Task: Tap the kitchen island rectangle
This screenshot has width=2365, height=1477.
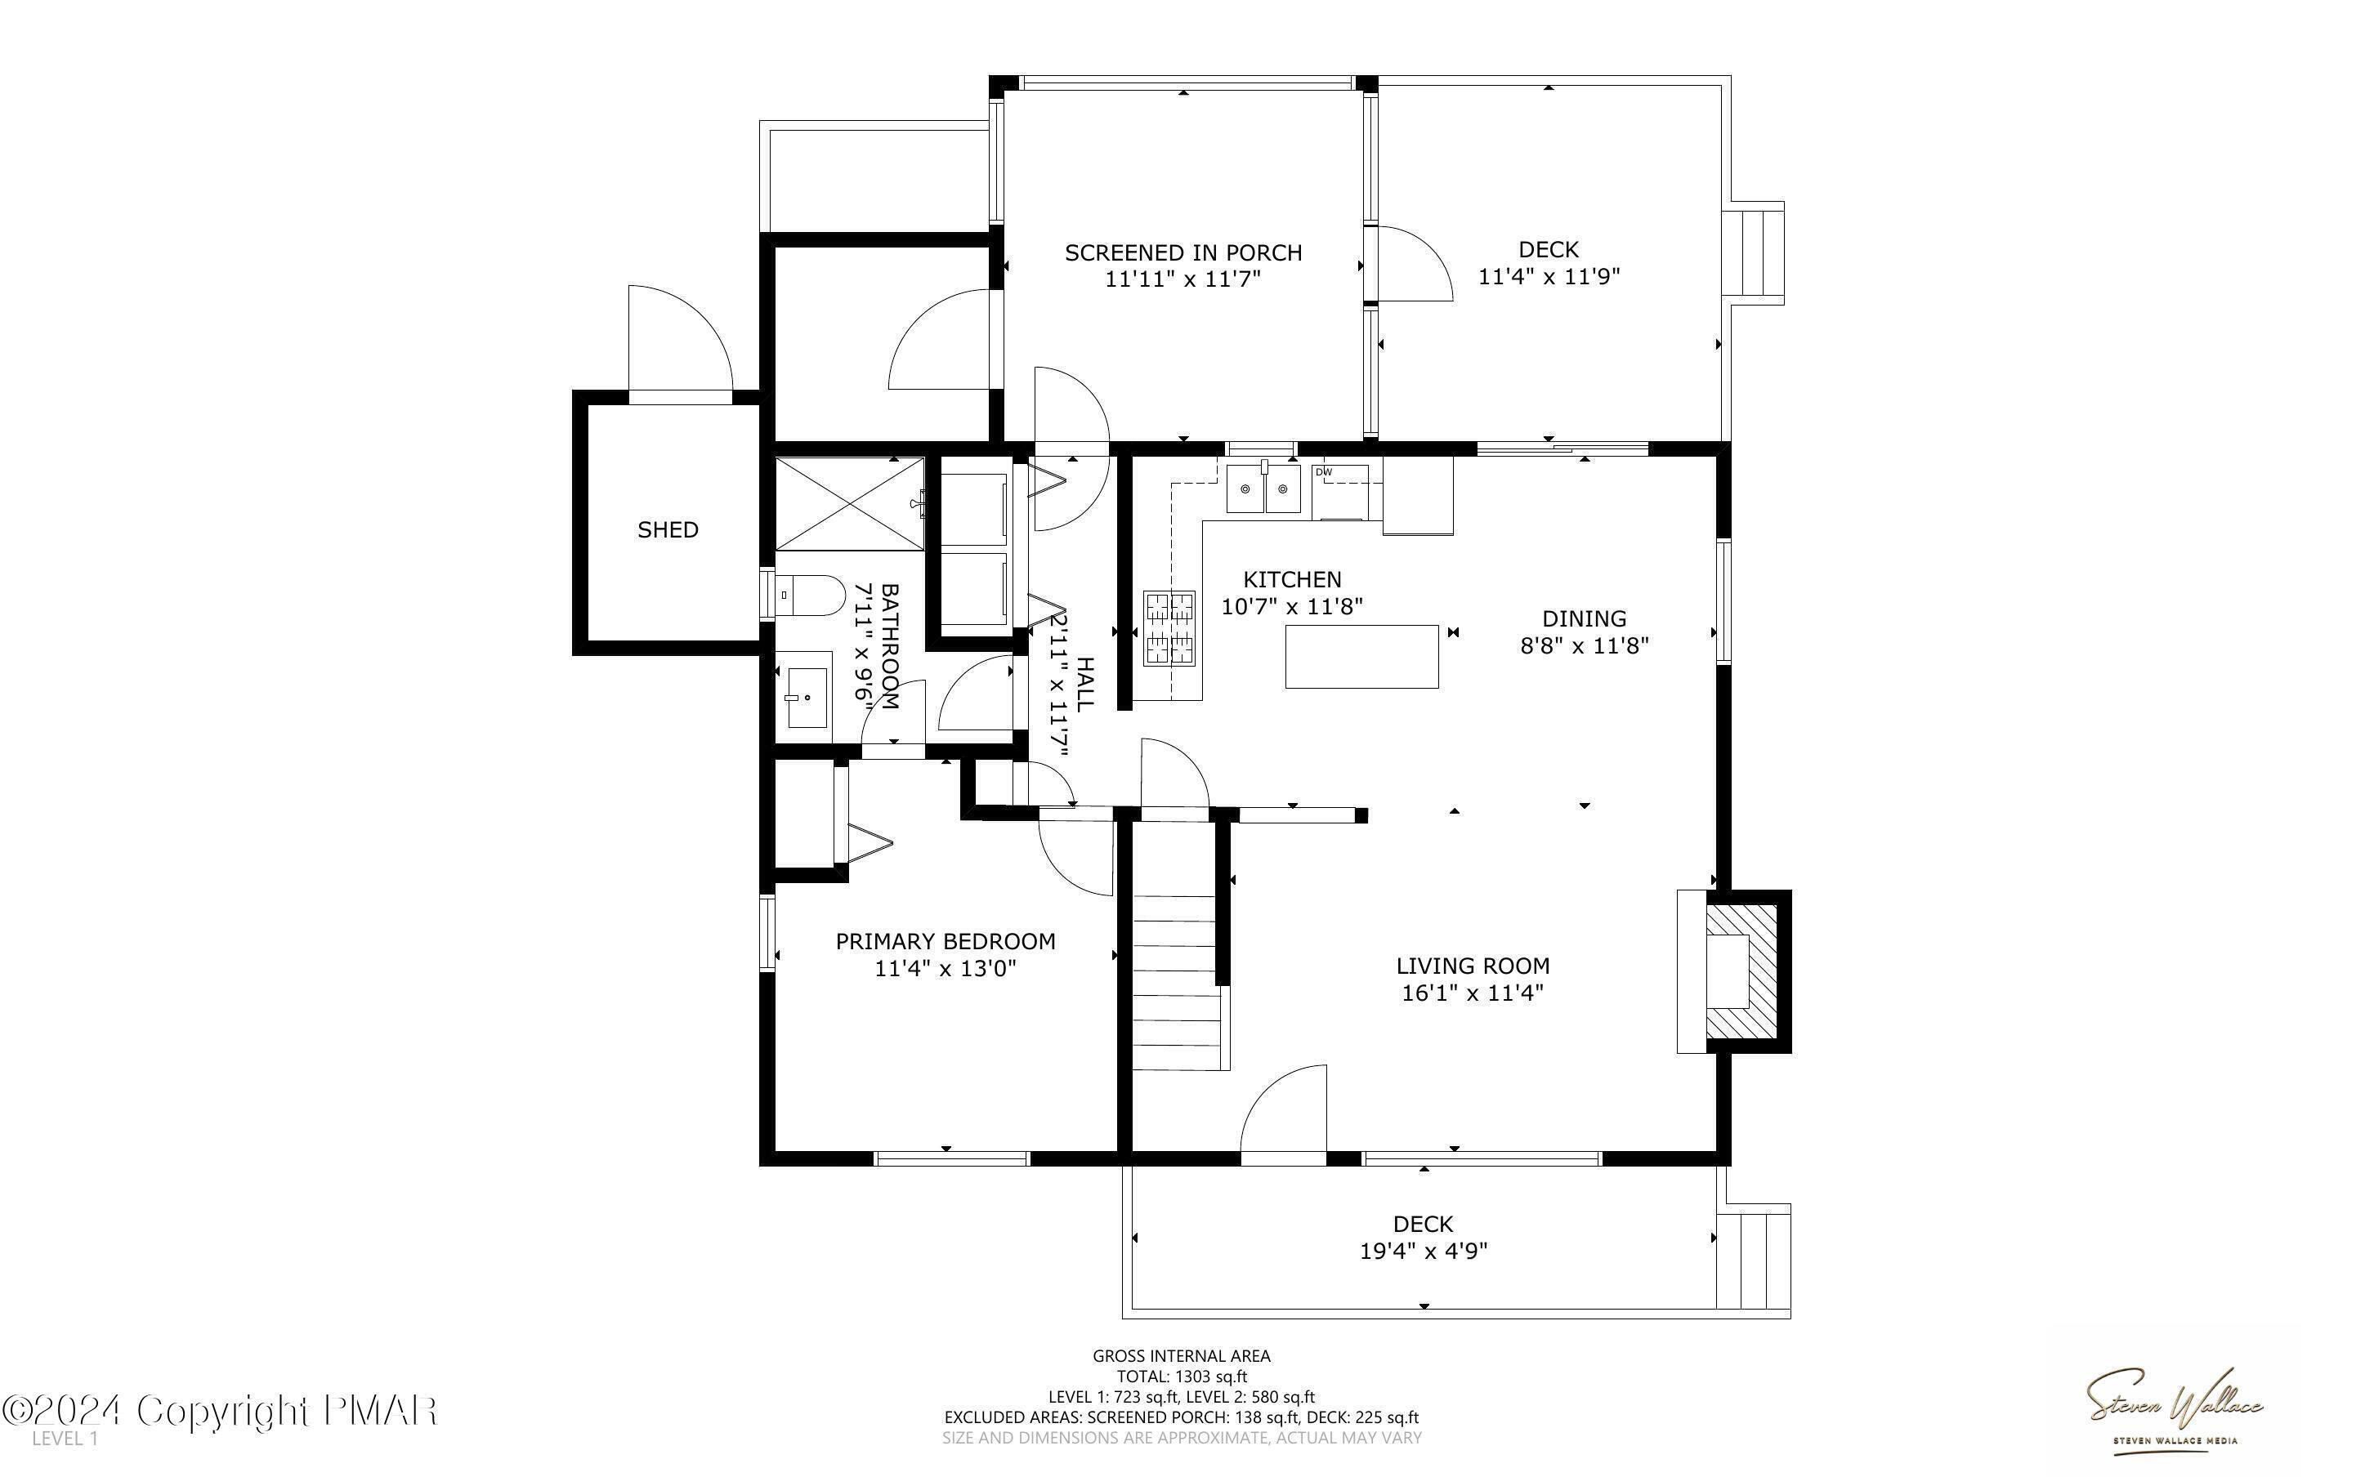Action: click(x=1361, y=657)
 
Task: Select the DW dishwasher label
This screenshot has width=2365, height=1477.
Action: click(x=1324, y=472)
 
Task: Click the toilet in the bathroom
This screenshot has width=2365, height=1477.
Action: click(x=811, y=594)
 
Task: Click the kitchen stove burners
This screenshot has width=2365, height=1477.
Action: click(x=1170, y=628)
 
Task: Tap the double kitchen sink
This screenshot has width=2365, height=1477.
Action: click(x=1264, y=489)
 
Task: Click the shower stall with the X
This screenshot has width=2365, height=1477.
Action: click(x=848, y=504)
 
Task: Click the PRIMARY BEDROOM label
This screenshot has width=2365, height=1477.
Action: click(x=945, y=941)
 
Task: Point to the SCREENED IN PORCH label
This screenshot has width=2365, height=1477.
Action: click(x=1183, y=253)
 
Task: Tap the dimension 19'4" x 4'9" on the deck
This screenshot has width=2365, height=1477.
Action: click(x=1424, y=1251)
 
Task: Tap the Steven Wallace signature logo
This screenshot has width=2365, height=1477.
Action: click(x=2175, y=1408)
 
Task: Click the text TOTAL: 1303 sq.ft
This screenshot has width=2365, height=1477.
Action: click(x=1181, y=1377)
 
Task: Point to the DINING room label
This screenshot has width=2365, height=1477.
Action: click(x=1584, y=618)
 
